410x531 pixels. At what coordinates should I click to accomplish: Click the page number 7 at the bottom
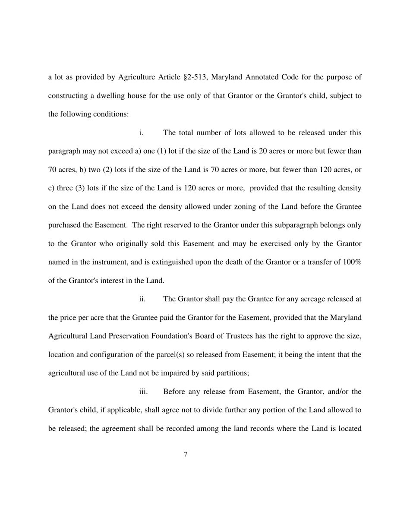[x=186, y=454]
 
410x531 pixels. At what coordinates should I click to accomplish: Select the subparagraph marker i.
[x=141, y=133]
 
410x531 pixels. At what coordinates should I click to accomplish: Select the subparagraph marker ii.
[x=142, y=299]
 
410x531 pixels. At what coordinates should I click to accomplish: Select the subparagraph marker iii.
[x=143, y=392]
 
